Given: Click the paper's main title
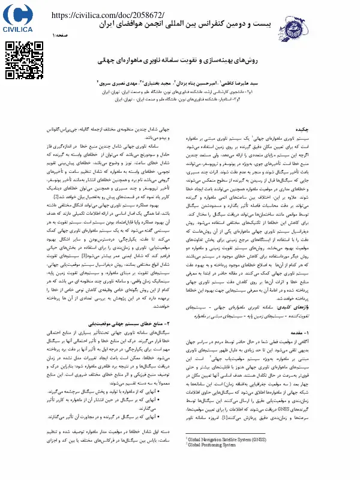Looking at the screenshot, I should coord(180,62).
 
